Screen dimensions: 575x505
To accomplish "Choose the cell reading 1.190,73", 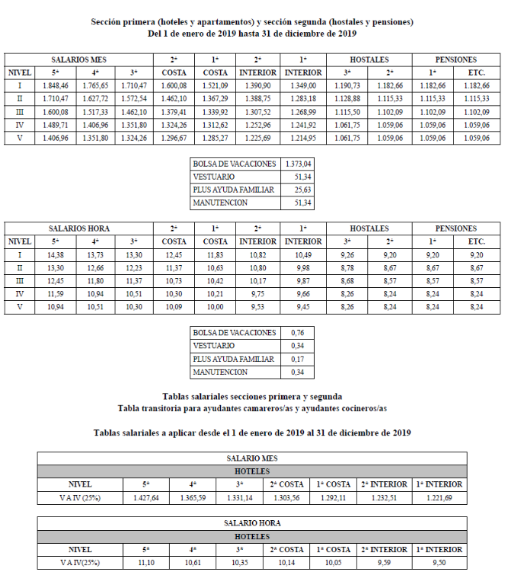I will pos(347,86).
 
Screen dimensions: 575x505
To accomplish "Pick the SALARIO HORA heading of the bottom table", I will pos(252,523).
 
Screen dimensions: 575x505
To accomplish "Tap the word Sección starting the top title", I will pos(107,22).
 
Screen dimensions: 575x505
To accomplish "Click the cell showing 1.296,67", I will pos(174,138).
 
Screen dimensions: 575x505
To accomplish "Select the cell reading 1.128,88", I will pos(347,99).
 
